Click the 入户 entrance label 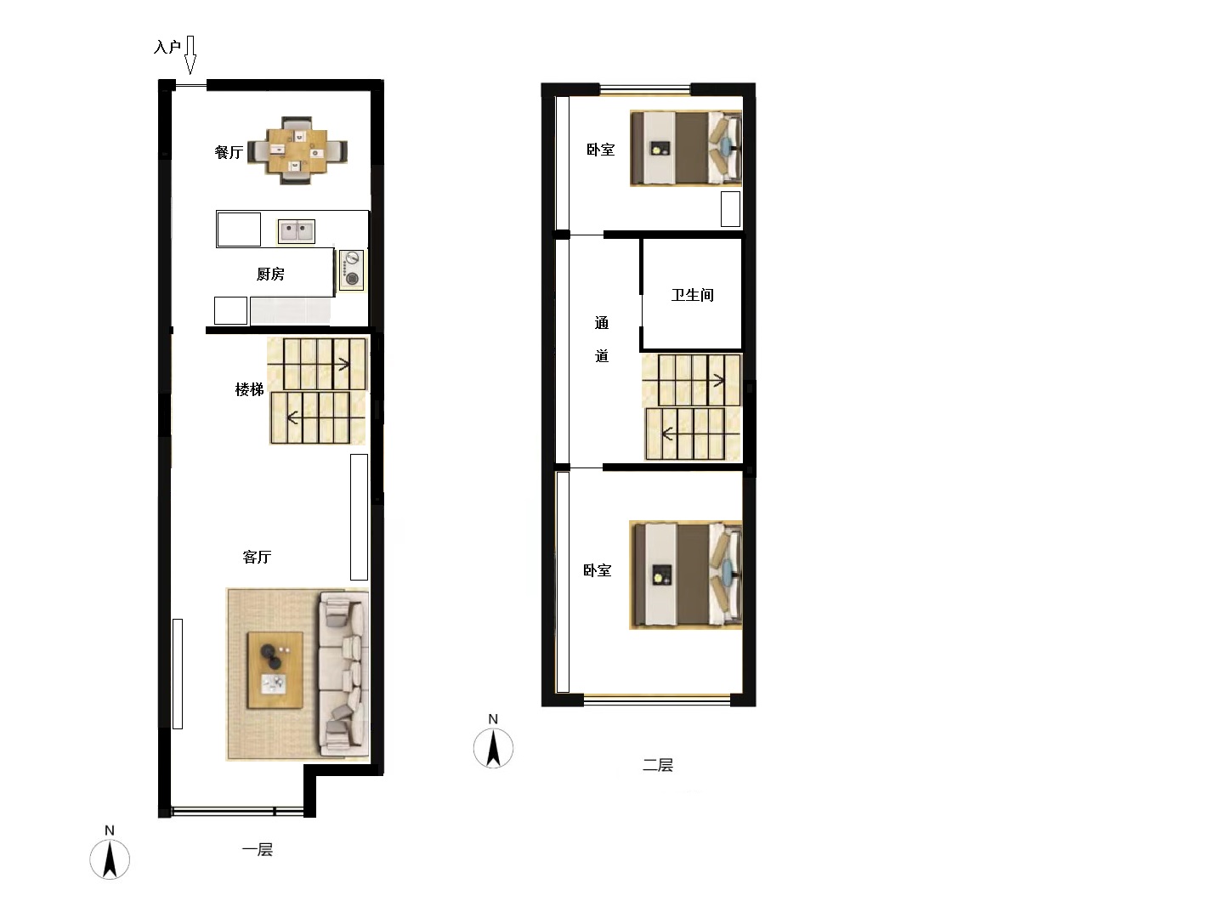click(x=167, y=47)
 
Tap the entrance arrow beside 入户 click(x=190, y=55)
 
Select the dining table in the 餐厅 click(x=297, y=150)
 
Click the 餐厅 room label click(x=229, y=152)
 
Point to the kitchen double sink click(x=297, y=231)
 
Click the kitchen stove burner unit click(x=351, y=269)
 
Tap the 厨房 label click(x=270, y=274)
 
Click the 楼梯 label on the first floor click(x=249, y=389)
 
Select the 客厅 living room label click(x=257, y=557)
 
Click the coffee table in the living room click(x=275, y=670)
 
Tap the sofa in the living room click(x=343, y=674)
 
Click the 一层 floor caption click(x=257, y=849)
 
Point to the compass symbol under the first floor click(x=110, y=854)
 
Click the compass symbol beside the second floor click(x=493, y=743)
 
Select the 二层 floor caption click(x=658, y=765)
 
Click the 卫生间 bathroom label click(x=693, y=295)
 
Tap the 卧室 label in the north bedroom click(x=601, y=150)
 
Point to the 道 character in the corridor click(x=602, y=355)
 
